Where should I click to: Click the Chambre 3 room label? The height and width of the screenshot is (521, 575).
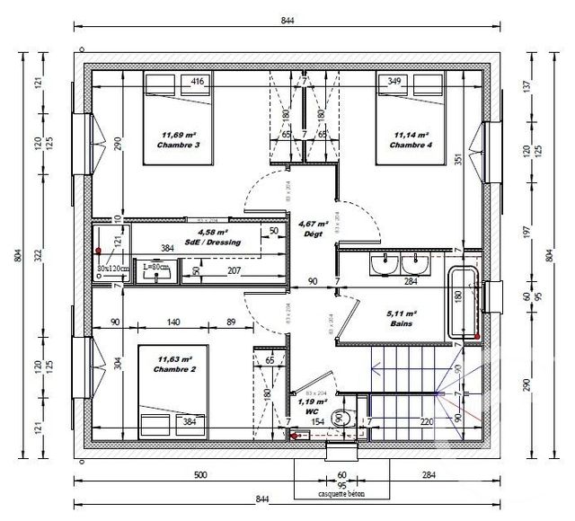point(177,145)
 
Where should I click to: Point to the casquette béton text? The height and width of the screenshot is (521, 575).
point(341,494)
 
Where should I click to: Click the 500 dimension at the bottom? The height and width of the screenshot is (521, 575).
point(199,475)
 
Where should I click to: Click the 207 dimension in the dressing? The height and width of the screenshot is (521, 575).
point(235,270)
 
